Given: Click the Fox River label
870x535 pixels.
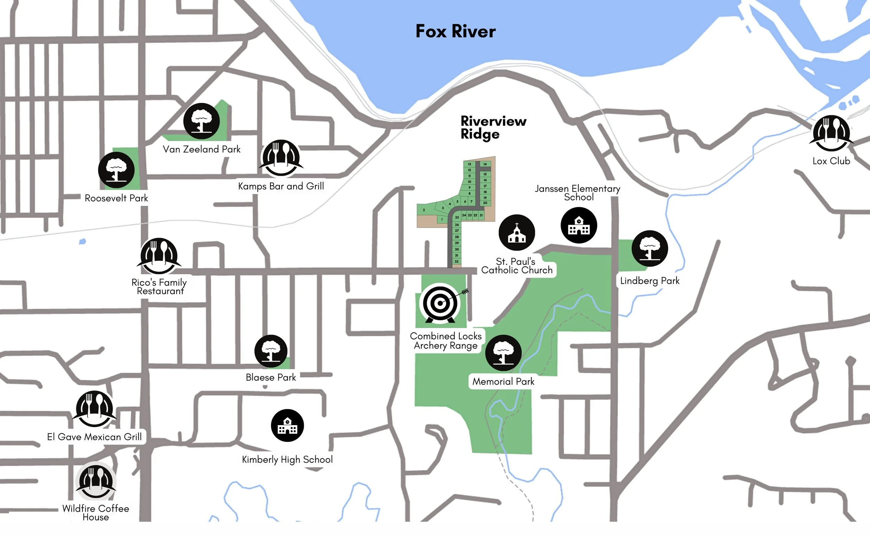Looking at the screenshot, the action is [x=456, y=31].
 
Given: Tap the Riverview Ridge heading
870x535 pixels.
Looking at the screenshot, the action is [x=493, y=127].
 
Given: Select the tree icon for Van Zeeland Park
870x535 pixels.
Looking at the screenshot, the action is [x=201, y=121].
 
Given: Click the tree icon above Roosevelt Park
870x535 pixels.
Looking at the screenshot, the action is [x=116, y=170].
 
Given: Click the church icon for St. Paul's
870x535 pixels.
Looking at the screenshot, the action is [x=517, y=233].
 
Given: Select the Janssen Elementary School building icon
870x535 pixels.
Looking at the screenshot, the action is [x=579, y=225].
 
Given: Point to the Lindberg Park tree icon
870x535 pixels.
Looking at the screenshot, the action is [x=650, y=249].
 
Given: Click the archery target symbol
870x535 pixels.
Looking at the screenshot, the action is [x=440, y=303].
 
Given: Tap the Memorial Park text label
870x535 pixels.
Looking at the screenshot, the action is [x=503, y=381].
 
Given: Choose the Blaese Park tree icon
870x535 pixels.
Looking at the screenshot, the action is [x=271, y=351].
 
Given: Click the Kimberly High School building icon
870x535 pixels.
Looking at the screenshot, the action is [x=287, y=425].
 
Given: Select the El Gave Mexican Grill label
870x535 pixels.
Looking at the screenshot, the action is [x=94, y=437].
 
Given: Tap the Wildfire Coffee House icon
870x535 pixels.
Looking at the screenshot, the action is [x=96, y=481].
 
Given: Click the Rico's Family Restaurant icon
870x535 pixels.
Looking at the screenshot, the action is [x=159, y=256].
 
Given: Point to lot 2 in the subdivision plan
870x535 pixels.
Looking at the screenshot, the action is [x=424, y=210].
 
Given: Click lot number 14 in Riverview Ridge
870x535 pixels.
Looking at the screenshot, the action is [x=485, y=164].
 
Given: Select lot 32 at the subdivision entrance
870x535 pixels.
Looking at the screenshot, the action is [x=457, y=261].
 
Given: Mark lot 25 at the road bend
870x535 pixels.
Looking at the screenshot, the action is [x=457, y=217].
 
